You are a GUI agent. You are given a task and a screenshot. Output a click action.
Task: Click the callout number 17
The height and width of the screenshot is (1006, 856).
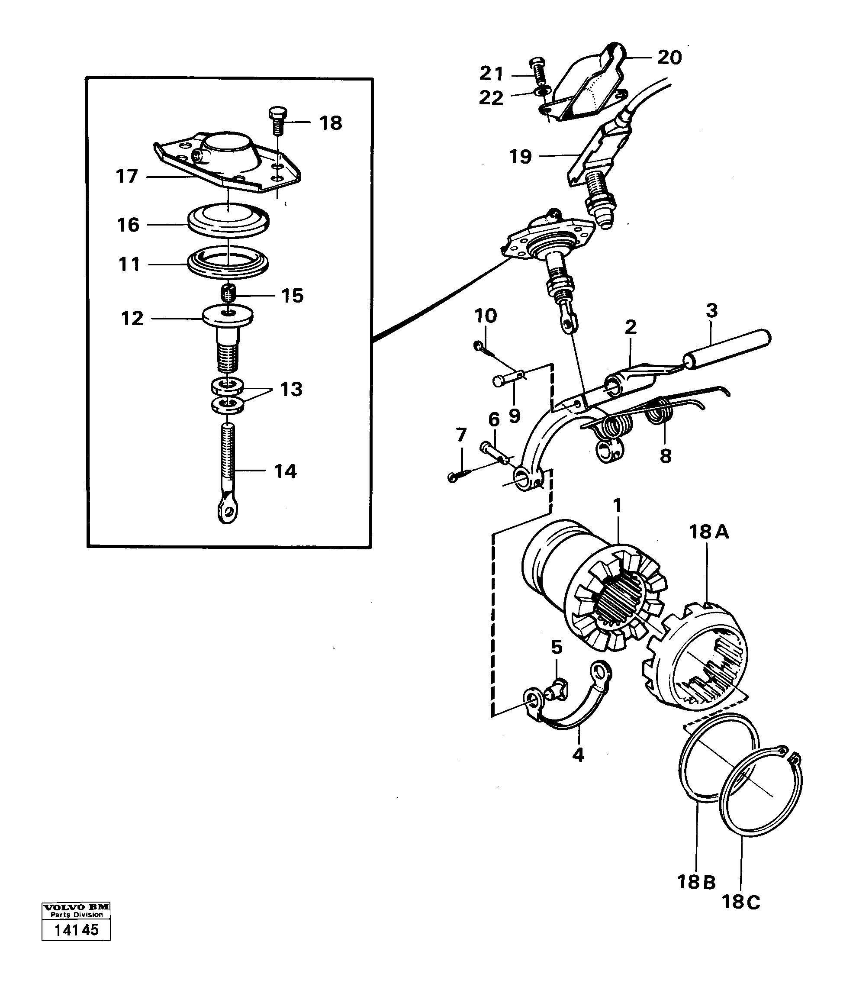pos(127,176)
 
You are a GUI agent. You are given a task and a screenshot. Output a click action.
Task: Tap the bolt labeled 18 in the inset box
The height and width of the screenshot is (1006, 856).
pos(277,121)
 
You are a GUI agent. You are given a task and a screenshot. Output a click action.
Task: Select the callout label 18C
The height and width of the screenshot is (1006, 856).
pos(740,902)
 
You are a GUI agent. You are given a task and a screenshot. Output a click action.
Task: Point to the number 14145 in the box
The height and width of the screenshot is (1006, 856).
pos(76,930)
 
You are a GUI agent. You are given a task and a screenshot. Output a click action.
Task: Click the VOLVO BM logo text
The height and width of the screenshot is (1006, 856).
pos(76,907)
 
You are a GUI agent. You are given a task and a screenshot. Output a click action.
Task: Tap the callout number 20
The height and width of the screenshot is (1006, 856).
pos(669,58)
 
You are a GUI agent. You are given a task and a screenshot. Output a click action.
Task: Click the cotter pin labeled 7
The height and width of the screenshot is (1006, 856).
pos(459,476)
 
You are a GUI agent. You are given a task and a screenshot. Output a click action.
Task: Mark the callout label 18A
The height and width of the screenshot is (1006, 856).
pos(709,532)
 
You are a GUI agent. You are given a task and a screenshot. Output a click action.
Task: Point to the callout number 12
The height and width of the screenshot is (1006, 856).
pos(132,318)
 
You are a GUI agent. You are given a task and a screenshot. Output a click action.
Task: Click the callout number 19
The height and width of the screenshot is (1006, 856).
pos(521,157)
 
